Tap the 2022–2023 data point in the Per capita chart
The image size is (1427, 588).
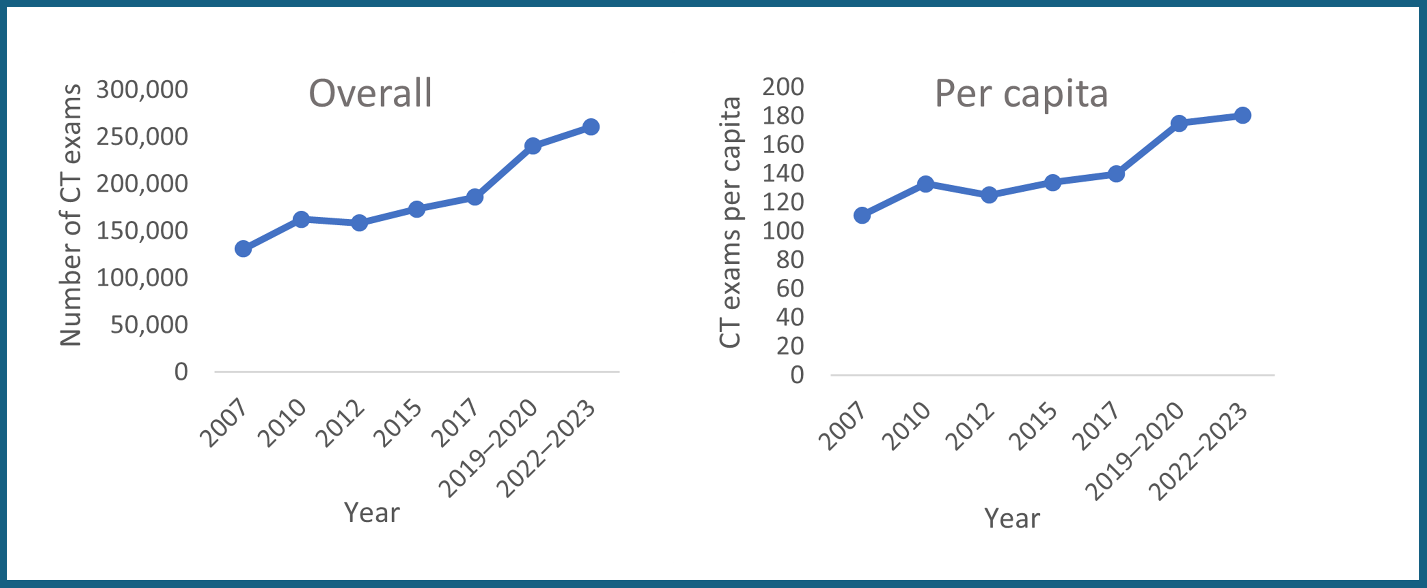(x=1243, y=115)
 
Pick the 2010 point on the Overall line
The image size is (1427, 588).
(x=301, y=219)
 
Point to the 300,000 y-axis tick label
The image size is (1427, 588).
(x=142, y=89)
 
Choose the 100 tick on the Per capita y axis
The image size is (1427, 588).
(x=783, y=231)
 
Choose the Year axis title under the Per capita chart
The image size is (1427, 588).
(x=1012, y=518)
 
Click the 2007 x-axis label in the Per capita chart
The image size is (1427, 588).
(x=841, y=426)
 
